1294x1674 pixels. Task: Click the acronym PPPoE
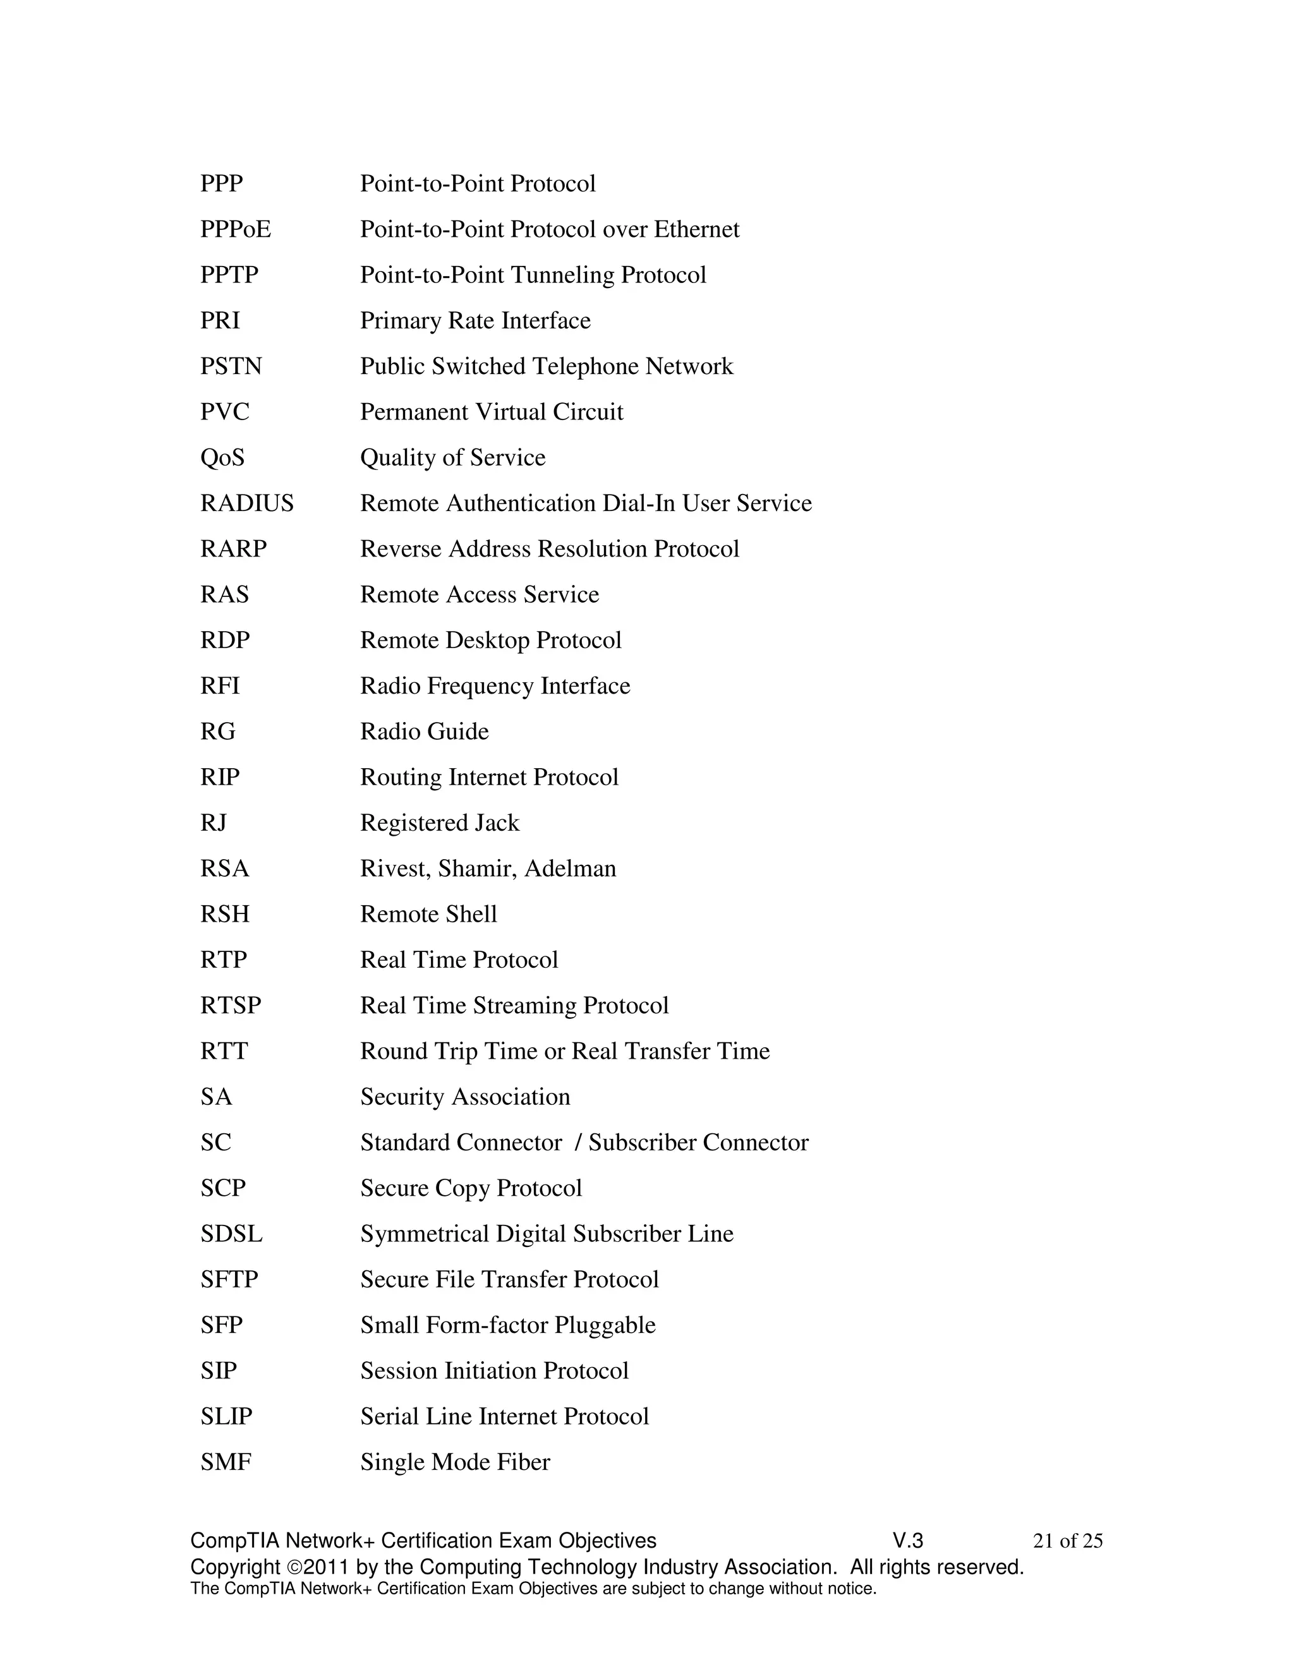coord(235,229)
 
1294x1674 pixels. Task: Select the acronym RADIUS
coord(247,503)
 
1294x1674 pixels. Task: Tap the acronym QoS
coord(222,457)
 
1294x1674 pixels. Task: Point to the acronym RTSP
coord(231,1006)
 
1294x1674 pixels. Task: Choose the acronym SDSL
coord(231,1234)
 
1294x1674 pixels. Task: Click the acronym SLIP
coord(226,1416)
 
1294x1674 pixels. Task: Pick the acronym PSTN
coord(231,366)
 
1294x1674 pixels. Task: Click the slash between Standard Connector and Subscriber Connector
coord(577,1143)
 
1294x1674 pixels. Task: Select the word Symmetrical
coord(425,1235)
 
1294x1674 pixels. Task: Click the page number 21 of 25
coord(1068,1541)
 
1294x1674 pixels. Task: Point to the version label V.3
coord(908,1541)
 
